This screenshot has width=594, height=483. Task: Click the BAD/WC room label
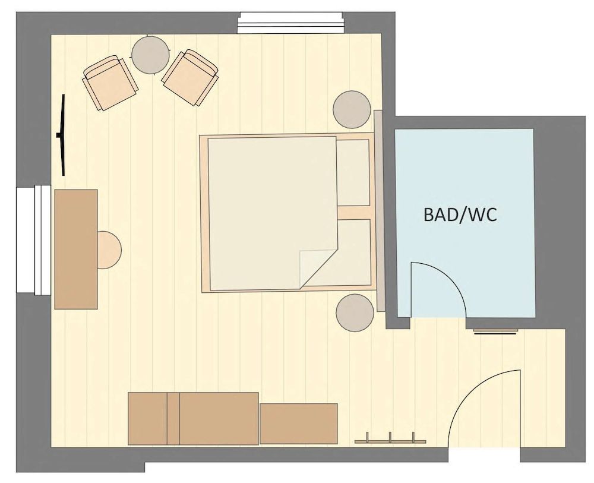coord(460,215)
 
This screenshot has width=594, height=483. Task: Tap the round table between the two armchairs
coord(150,54)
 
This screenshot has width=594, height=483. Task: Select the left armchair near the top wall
coord(110,83)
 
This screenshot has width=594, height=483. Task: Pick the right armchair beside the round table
coord(190,78)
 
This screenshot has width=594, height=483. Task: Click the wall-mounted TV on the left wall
coord(62,135)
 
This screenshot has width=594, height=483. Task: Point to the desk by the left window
coord(76,250)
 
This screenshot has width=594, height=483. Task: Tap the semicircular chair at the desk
coord(109,250)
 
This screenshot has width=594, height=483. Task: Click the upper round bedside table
coord(352,109)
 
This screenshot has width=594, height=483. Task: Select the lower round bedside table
coord(355,313)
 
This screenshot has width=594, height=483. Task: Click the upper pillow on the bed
coord(353,172)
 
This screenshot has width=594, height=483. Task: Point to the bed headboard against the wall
coord(379,211)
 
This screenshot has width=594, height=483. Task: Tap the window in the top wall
coord(290,23)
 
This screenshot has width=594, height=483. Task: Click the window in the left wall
coord(34,240)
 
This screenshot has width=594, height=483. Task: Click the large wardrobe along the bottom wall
coord(193,419)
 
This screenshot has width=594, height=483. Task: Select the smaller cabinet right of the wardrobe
coord(299,424)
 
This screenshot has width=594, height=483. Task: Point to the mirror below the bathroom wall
coord(495,332)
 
